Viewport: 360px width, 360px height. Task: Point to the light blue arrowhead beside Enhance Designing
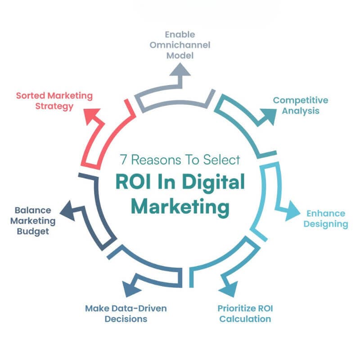292,211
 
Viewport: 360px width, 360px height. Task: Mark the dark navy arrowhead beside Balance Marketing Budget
68,211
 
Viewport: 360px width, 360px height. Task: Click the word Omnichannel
180,45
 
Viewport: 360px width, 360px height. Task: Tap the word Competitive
301,100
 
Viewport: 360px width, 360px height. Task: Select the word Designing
326,224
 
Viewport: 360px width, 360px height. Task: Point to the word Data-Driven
139,308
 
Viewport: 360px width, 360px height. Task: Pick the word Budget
33,232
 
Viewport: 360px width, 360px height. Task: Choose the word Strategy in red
54,107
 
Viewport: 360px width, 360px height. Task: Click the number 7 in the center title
123,160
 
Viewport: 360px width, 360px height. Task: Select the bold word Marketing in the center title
180,207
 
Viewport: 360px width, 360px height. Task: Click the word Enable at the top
180,35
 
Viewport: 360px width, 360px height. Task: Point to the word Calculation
245,319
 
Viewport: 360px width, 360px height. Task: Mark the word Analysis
301,111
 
